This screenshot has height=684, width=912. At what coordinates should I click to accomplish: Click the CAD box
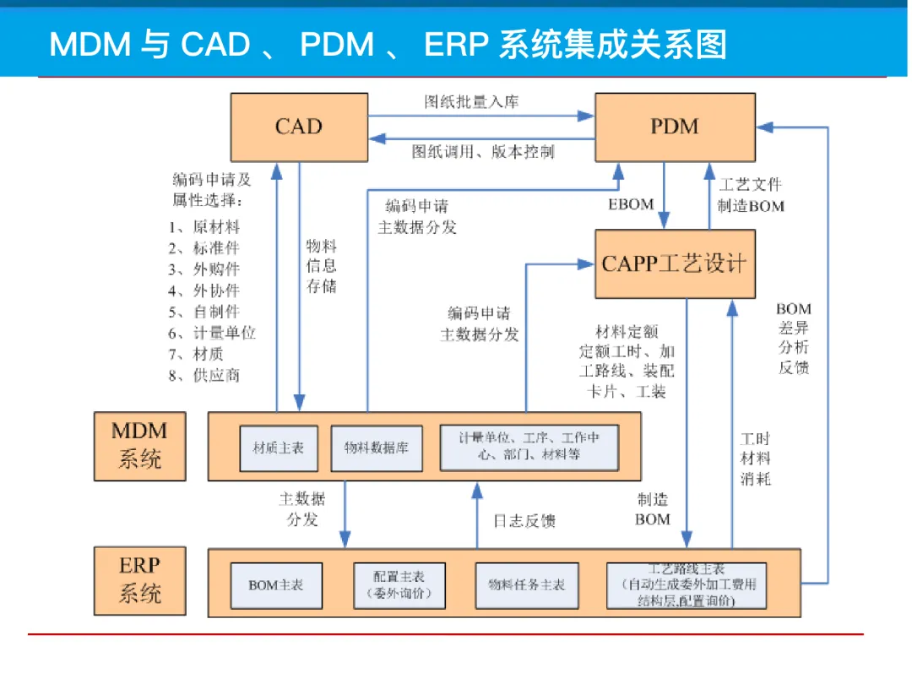click(299, 127)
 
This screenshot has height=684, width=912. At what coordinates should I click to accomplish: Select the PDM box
click(675, 127)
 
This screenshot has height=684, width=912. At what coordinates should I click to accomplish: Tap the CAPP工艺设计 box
click(675, 263)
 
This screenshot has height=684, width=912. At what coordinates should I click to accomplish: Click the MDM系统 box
click(139, 446)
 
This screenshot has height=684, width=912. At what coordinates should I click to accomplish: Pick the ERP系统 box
click(139, 580)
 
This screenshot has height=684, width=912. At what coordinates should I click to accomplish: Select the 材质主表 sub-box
click(279, 448)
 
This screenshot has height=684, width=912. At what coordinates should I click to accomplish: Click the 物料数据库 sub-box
click(377, 448)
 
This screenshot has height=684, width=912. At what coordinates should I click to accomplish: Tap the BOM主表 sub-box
click(276, 585)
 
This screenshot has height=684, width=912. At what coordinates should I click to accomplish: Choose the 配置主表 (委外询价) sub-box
click(399, 585)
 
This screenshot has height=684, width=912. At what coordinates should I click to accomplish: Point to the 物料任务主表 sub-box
click(527, 585)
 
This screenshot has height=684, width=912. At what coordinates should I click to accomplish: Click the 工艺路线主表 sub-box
click(687, 585)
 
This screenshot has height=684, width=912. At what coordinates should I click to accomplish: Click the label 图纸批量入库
click(472, 102)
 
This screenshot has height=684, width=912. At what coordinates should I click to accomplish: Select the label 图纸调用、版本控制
click(483, 152)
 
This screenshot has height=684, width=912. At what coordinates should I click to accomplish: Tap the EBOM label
click(631, 204)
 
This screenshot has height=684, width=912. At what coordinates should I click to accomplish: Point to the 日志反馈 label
click(524, 520)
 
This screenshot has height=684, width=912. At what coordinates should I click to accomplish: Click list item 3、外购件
click(204, 269)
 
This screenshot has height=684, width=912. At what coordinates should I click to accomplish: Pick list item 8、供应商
click(204, 375)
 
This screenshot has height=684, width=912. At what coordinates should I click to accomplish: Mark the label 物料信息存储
click(321, 266)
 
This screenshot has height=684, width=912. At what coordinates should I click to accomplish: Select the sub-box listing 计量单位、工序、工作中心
click(529, 448)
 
